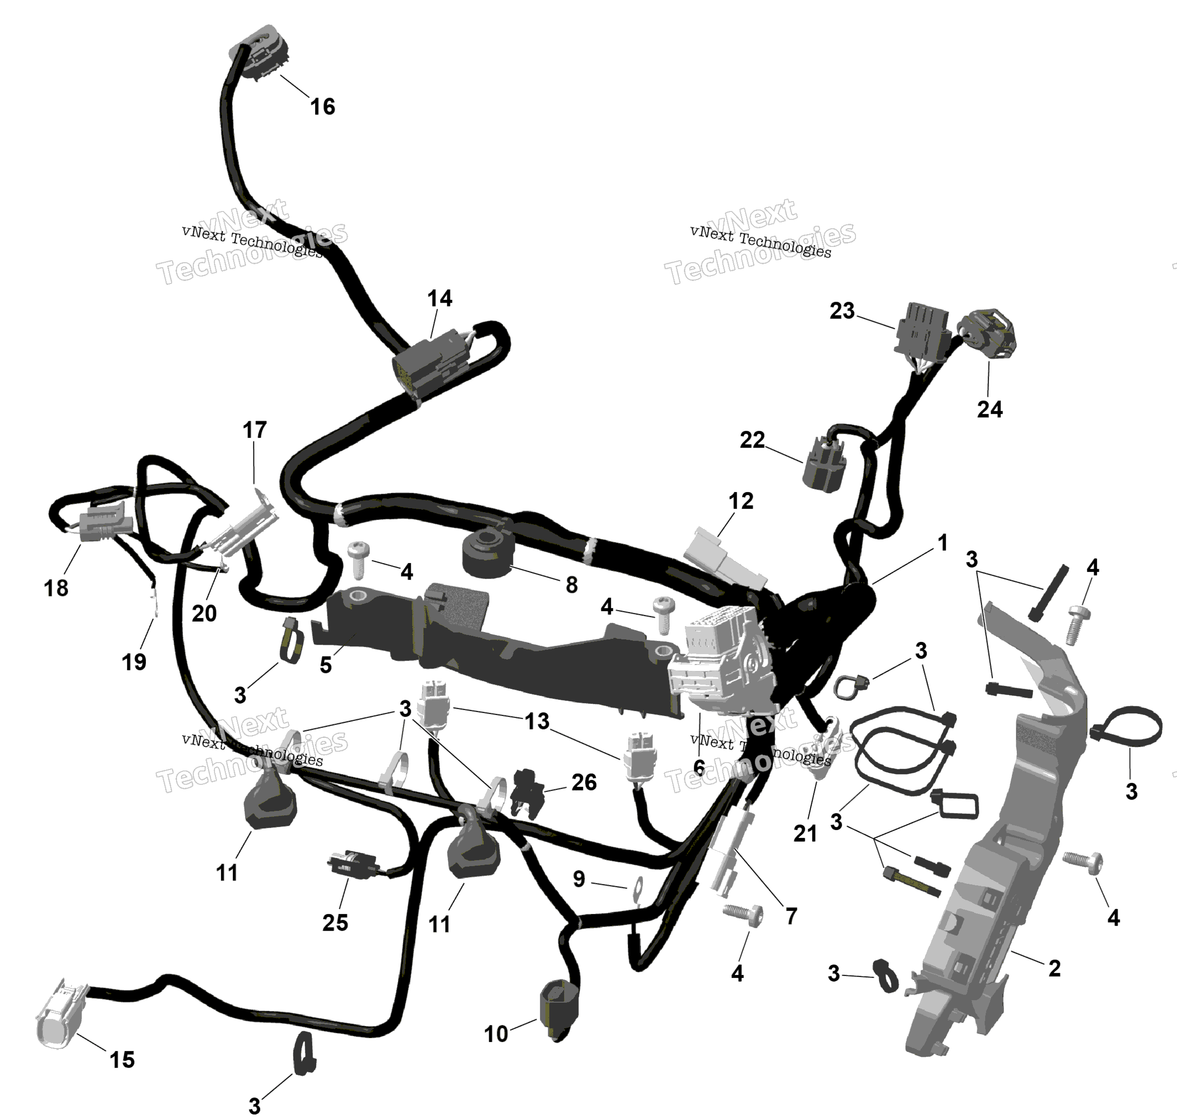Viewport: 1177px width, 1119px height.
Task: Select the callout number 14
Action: [440, 298]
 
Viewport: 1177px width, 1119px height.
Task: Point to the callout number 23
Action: [842, 311]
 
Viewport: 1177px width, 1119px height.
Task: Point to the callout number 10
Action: [496, 1034]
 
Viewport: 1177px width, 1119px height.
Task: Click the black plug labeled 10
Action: [559, 1012]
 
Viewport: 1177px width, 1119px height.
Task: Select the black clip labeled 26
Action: [529, 793]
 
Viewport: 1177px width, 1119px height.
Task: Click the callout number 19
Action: [134, 662]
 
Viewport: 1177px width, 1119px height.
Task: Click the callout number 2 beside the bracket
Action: [1054, 968]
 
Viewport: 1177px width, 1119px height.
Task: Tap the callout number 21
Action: [805, 833]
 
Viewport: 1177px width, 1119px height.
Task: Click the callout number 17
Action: [255, 429]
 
